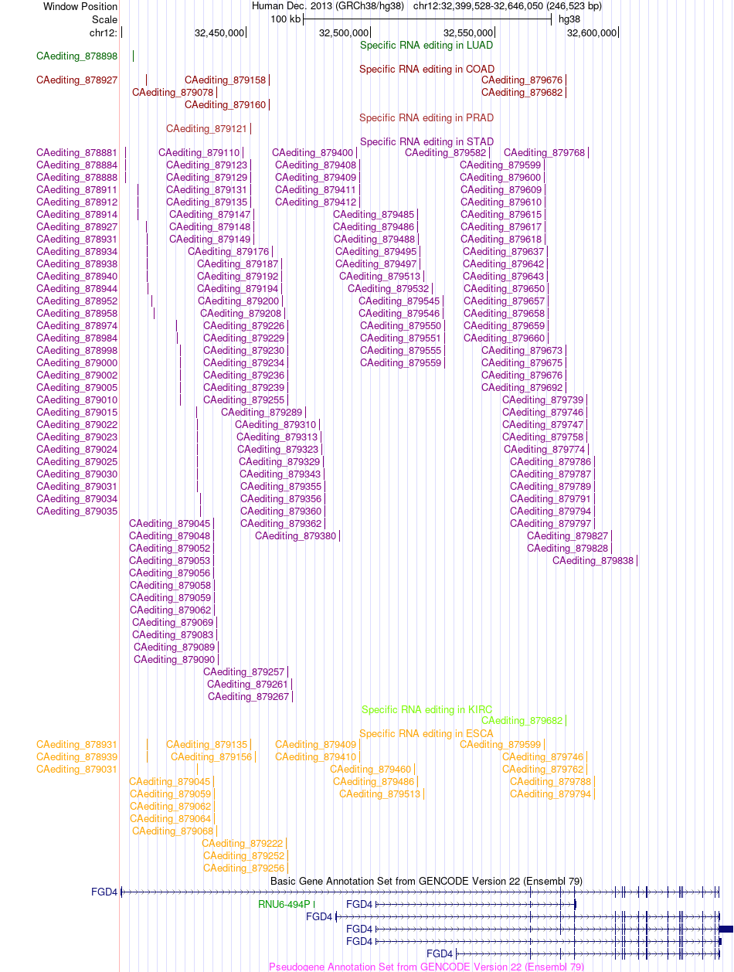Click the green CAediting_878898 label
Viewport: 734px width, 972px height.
[x=76, y=56]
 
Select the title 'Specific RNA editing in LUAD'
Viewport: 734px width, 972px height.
[x=426, y=45]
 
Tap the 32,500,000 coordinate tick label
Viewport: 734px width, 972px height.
[x=344, y=32]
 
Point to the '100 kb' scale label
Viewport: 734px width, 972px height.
[x=286, y=19]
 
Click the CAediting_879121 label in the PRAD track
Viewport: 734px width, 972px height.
[x=206, y=129]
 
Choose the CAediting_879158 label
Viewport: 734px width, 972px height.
[x=226, y=80]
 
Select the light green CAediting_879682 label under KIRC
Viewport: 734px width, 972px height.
[x=522, y=720]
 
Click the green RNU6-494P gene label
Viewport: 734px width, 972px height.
[x=284, y=904]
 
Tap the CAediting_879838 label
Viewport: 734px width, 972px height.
[x=593, y=561]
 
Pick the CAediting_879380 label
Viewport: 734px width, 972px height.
[x=295, y=535]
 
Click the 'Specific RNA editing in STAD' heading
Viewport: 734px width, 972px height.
[x=426, y=141]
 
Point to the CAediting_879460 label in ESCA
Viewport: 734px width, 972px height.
[x=371, y=770]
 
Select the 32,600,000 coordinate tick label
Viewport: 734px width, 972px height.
[x=592, y=32]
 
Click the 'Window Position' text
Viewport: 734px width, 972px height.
[x=80, y=7]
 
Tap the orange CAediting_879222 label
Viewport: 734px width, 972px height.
[x=242, y=844]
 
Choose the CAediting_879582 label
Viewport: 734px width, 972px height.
[x=445, y=153]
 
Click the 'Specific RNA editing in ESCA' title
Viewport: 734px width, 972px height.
[x=426, y=734]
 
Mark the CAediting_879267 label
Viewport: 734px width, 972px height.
[x=248, y=697]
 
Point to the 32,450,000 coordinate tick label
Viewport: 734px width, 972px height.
[x=219, y=32]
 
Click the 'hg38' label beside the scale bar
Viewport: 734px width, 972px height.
[x=569, y=19]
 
